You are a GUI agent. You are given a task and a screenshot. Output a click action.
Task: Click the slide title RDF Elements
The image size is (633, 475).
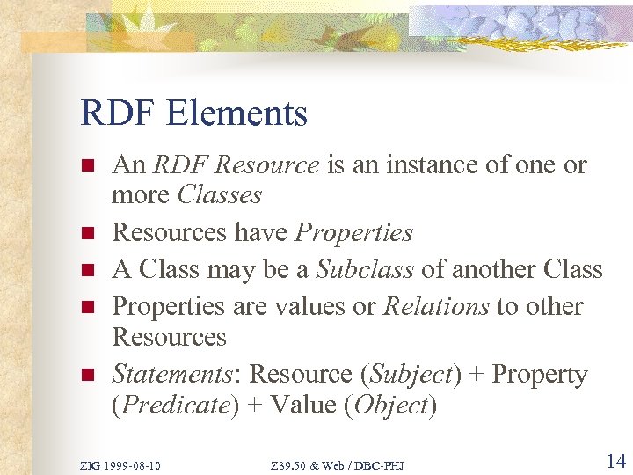194,113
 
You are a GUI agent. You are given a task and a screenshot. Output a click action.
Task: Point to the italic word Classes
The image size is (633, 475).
219,194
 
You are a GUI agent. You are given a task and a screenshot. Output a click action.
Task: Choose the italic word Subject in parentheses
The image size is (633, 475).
411,374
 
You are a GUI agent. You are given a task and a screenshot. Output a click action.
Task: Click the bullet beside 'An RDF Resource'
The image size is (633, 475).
86,166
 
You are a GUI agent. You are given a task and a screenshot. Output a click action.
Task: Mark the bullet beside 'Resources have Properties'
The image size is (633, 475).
86,234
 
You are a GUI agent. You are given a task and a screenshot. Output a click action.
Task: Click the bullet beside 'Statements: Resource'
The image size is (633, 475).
86,376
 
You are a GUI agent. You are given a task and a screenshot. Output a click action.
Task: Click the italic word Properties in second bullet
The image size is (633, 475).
353,232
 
